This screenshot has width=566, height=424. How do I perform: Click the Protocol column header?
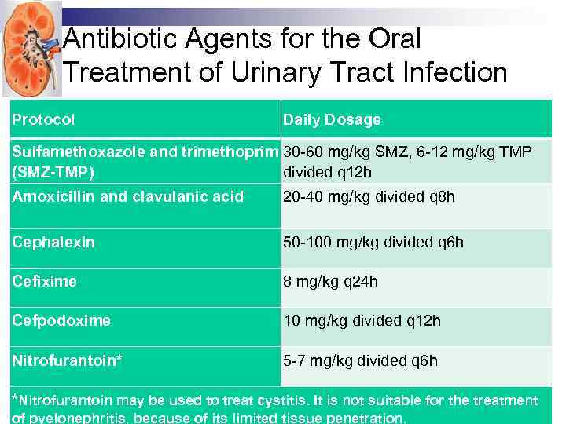43,120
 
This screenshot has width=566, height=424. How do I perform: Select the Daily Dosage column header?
332,120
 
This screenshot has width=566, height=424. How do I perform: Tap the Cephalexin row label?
53,242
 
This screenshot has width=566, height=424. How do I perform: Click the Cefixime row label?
44,281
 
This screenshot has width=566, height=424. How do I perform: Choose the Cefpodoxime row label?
61,320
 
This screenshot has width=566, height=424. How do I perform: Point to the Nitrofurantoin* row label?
68,361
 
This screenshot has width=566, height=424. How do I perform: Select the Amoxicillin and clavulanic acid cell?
128,196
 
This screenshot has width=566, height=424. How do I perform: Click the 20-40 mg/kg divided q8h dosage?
369,196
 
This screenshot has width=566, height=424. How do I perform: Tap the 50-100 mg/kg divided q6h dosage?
373,242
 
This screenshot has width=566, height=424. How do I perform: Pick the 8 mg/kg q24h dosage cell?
331,281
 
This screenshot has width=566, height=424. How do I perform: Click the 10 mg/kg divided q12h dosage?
362,320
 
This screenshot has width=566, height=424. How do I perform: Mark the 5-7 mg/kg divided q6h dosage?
361,361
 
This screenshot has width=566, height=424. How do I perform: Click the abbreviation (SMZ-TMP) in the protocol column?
53,172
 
